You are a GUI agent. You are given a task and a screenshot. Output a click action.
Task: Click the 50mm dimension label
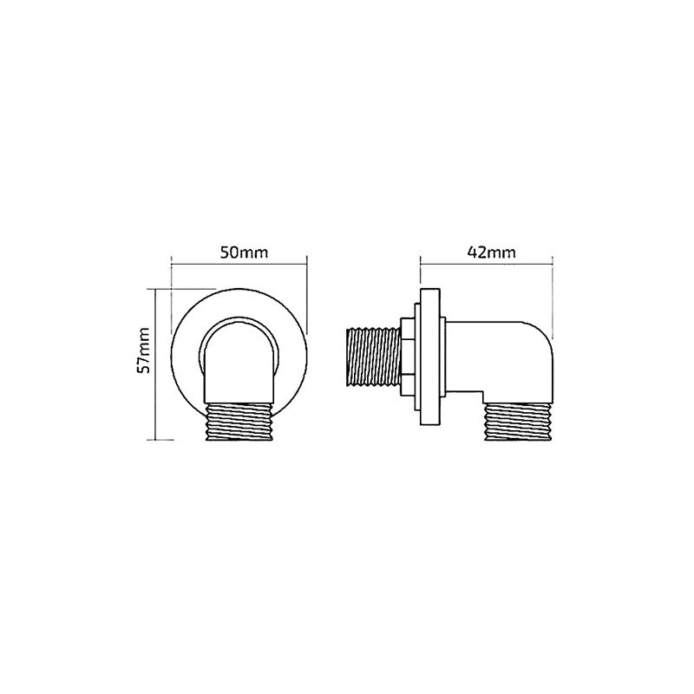click(239, 252)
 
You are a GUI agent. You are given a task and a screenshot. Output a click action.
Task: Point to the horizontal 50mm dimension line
click(239, 265)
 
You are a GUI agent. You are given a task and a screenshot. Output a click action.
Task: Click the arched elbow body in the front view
click(239, 360)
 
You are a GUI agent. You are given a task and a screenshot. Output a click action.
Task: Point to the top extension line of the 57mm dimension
click(182, 289)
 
